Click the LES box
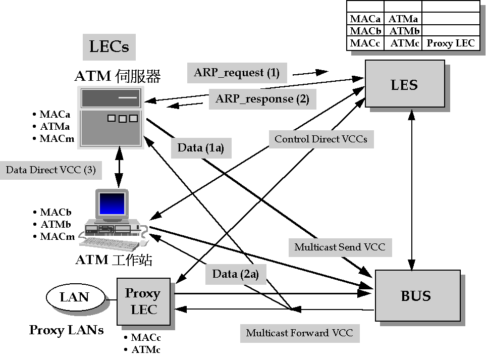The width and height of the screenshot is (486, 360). coord(405,84)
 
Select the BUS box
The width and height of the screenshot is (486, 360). coord(417,295)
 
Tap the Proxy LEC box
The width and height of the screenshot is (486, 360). coord(143,301)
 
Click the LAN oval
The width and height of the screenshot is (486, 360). coord(75,297)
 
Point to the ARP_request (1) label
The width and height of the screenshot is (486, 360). coord(237,73)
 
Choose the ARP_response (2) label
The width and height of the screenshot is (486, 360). coord(262,98)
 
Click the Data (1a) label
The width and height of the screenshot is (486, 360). coord(201,148)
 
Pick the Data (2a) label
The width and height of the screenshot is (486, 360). coord(236,274)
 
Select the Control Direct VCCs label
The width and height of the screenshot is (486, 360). coord(320,138)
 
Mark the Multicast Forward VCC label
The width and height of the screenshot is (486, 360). coord(299,333)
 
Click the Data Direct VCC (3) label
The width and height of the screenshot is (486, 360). coord(50,170)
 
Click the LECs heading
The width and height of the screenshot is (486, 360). coord(109,47)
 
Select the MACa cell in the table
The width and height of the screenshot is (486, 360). coord(365,19)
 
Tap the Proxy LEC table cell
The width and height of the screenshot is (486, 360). coord(450,43)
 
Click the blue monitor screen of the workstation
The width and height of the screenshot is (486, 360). coord(112,204)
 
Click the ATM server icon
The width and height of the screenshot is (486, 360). coord(110,117)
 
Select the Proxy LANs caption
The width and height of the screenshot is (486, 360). coord(66,330)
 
